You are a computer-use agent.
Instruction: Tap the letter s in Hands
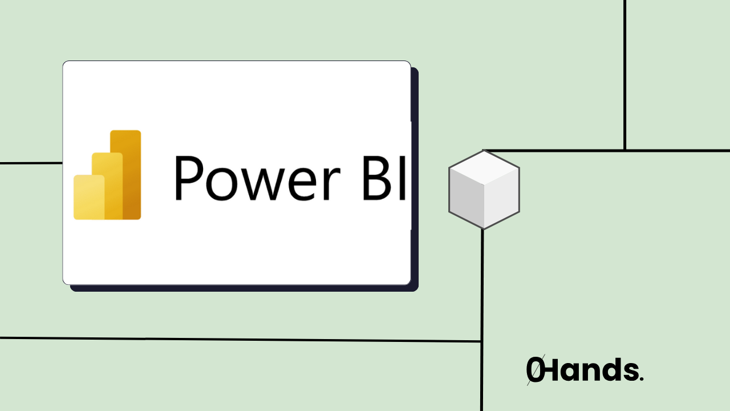(x=629, y=372)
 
